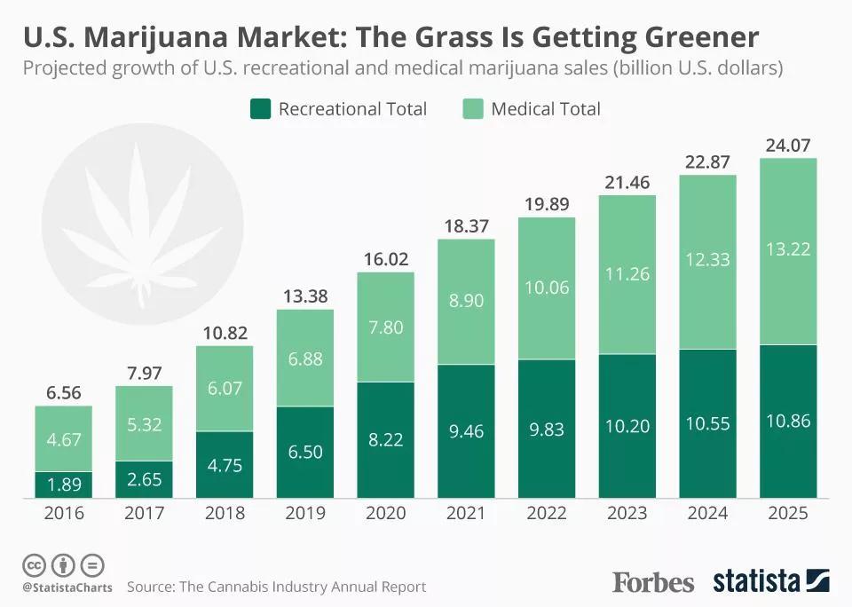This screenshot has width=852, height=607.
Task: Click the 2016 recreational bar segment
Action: click(x=64, y=484)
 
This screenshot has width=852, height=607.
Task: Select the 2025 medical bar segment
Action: click(x=788, y=251)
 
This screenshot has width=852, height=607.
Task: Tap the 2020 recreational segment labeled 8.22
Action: click(x=386, y=439)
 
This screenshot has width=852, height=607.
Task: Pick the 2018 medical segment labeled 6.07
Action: click(x=225, y=388)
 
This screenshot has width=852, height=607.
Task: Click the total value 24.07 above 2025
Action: click(x=788, y=145)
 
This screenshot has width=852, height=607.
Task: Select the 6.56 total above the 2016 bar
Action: click(x=64, y=393)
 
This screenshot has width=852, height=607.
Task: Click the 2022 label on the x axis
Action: click(x=547, y=514)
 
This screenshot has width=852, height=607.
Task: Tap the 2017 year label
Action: click(x=144, y=514)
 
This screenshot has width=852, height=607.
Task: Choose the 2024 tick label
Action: click(x=707, y=514)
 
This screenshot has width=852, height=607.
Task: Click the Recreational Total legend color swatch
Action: click(x=259, y=109)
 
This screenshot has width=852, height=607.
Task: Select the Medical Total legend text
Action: click(x=545, y=109)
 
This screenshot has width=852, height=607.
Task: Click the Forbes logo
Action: click(x=653, y=582)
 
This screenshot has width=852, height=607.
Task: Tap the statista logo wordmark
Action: click(x=757, y=582)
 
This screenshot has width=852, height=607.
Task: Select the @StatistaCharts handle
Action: click(x=67, y=587)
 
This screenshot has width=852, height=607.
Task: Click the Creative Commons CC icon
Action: click(x=34, y=565)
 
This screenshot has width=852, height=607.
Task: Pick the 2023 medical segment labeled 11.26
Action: click(x=627, y=274)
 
